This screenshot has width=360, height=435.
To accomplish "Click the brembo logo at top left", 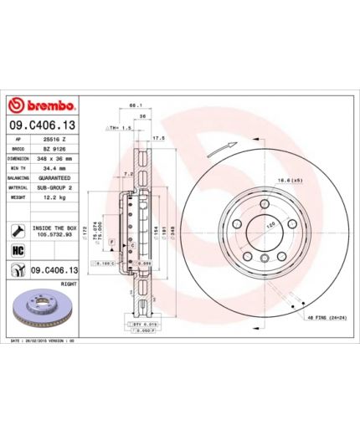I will click(42, 106).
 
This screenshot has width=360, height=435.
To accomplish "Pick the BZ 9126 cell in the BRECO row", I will click(55, 147).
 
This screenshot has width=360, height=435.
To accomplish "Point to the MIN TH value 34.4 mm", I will click(55, 167).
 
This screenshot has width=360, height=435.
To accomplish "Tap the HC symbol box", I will click(17, 250).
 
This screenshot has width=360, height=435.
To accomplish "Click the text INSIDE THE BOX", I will click(54, 227).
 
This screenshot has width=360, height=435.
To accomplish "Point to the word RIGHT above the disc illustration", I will click(69, 283).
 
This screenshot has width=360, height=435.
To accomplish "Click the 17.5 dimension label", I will click(157, 138).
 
